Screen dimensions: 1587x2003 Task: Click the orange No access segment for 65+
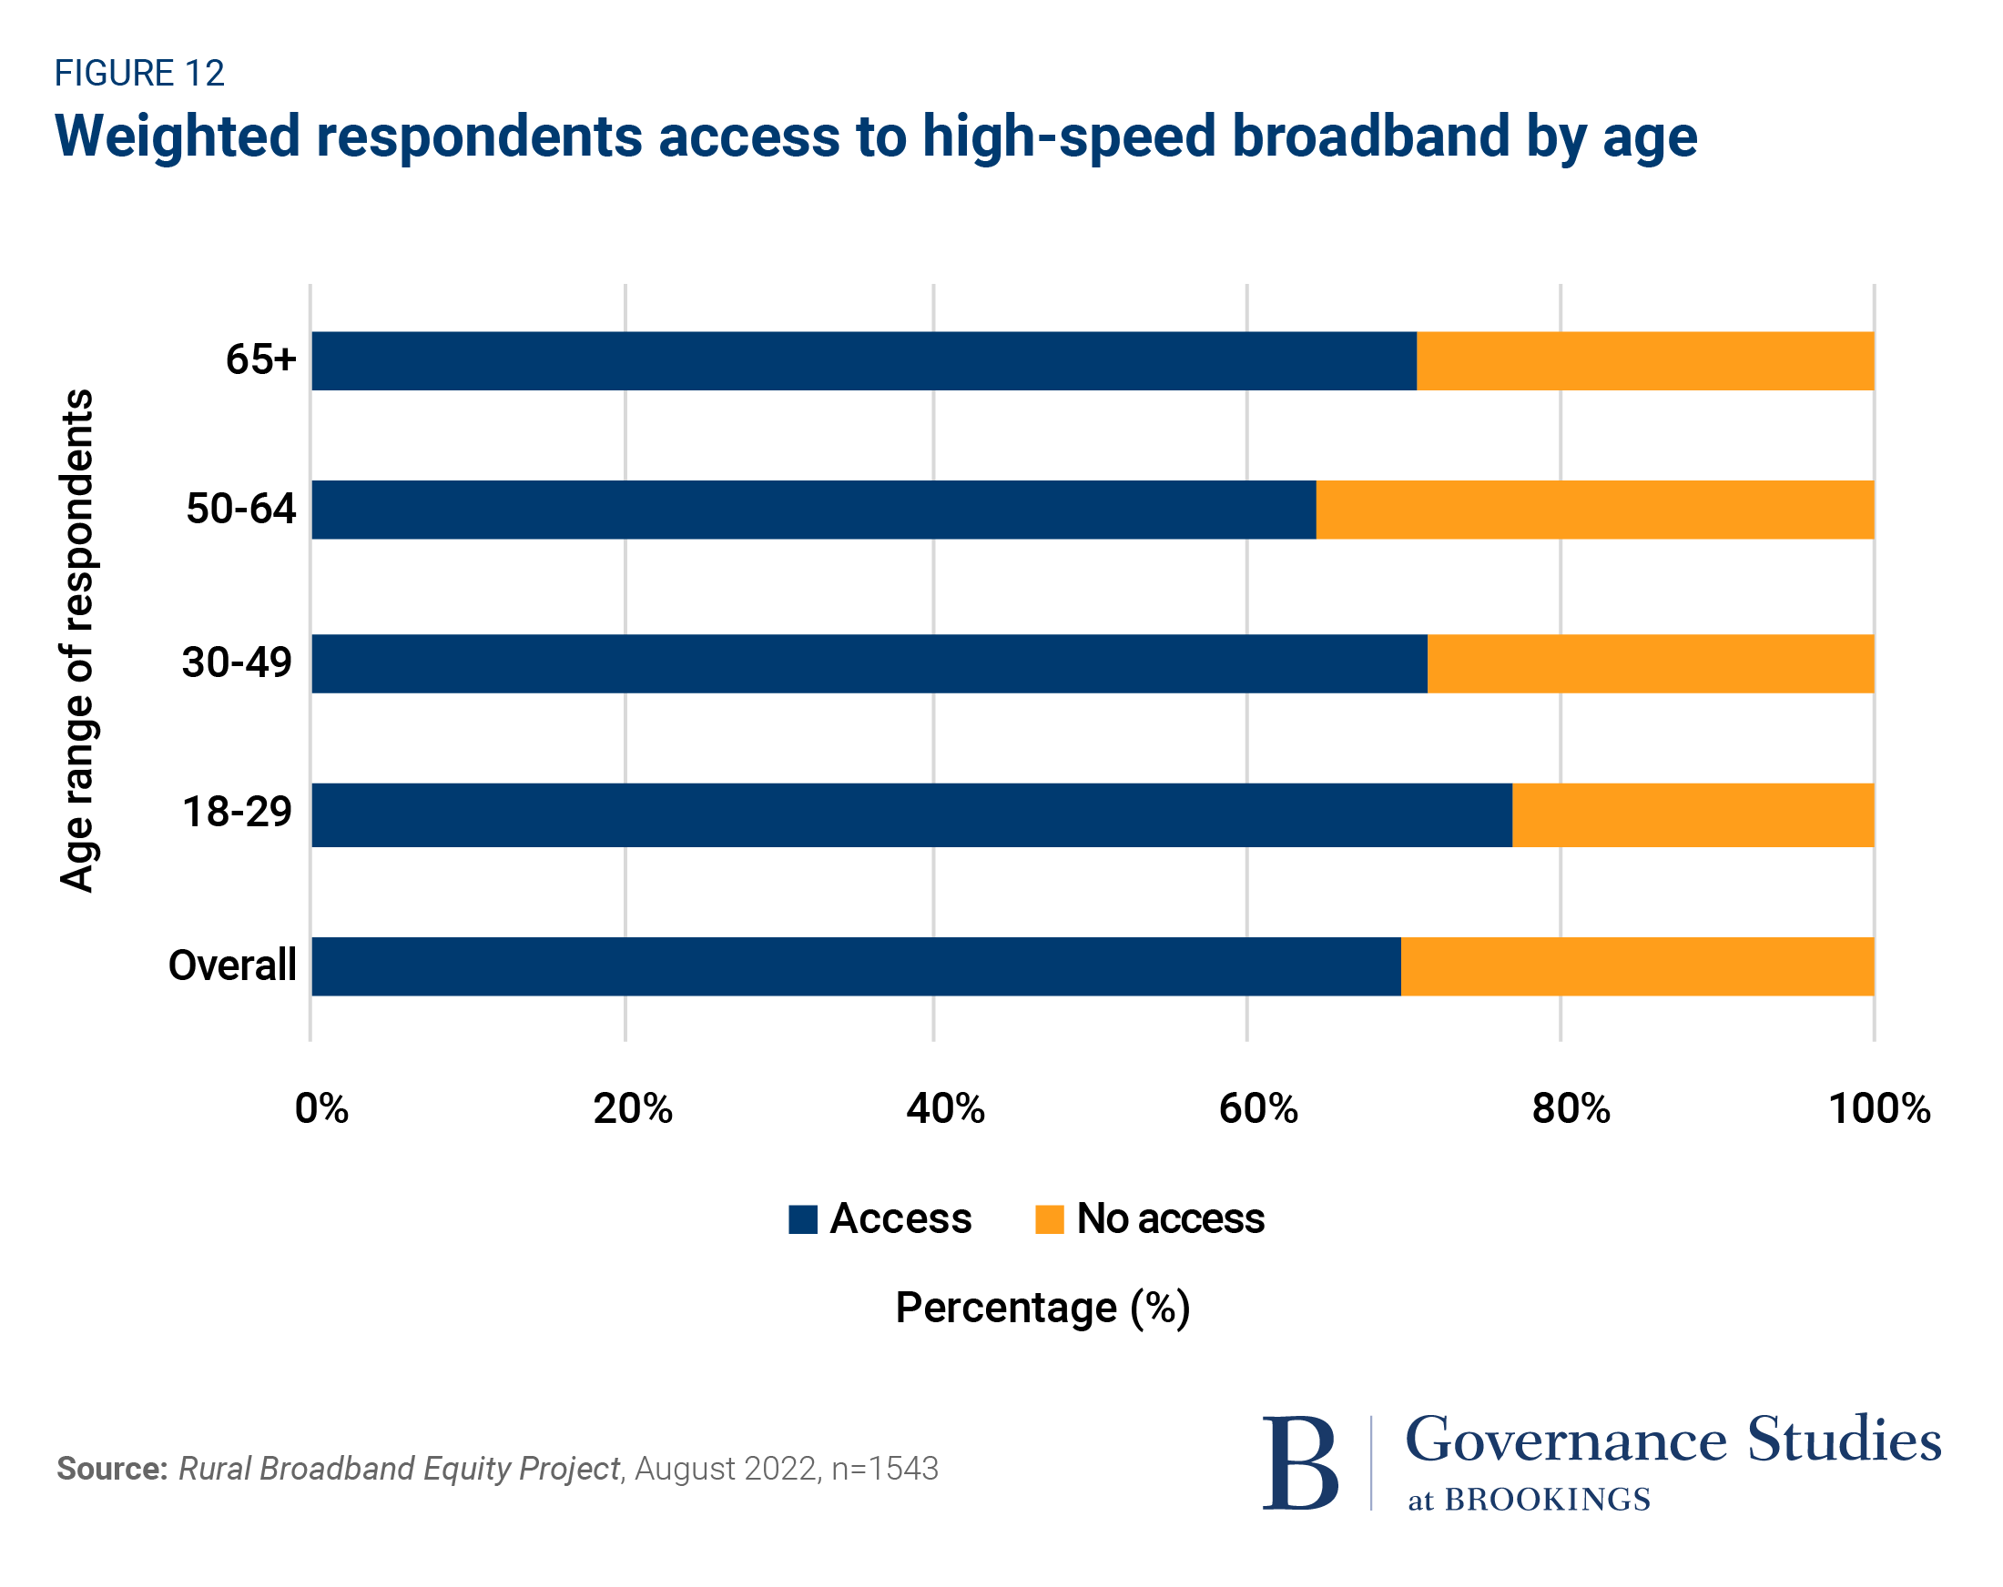[1644, 361]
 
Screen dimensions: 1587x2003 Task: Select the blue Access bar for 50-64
[814, 510]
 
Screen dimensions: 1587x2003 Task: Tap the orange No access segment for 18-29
[1693, 814]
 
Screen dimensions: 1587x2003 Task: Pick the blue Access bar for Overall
[856, 965]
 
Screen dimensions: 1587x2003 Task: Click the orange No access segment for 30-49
[1650, 663]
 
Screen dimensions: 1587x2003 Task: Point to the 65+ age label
[260, 359]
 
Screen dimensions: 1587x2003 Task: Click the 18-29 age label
[237, 812]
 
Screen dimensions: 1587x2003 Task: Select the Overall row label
[232, 965]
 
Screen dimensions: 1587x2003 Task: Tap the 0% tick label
[321, 1108]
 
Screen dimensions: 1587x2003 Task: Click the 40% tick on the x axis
[946, 1108]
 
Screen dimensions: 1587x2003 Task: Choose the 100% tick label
[1879, 1108]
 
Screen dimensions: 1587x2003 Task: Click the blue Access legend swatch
[803, 1219]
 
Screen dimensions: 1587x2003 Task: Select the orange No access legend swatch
[1049, 1219]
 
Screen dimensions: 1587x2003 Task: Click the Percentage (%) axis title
[1042, 1308]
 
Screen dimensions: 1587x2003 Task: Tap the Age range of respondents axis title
[77, 641]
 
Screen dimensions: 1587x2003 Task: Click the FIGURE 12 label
[139, 74]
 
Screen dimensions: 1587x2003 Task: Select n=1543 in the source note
[884, 1468]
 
